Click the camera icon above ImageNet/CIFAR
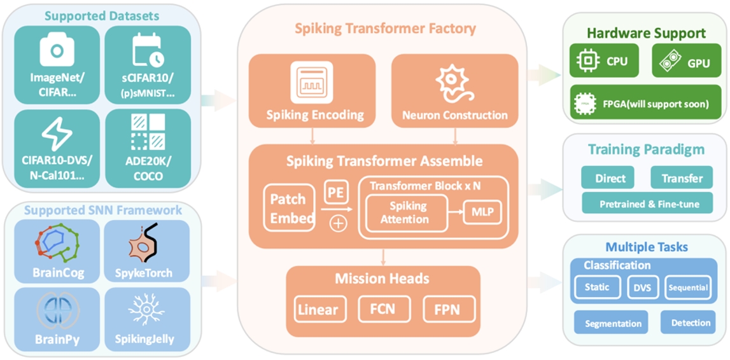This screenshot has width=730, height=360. click(x=57, y=50)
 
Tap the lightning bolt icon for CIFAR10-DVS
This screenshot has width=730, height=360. click(x=57, y=134)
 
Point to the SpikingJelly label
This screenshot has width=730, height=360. click(x=148, y=339)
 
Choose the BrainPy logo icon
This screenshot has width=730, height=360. click(x=57, y=310)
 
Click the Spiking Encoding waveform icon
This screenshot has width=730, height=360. click(x=311, y=83)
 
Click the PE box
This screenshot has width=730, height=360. click(x=337, y=191)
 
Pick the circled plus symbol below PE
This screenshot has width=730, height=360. click(x=339, y=223)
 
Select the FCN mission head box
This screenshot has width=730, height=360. click(x=382, y=309)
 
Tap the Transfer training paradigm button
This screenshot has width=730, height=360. click(x=681, y=178)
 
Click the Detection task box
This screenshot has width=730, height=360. click(x=691, y=322)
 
